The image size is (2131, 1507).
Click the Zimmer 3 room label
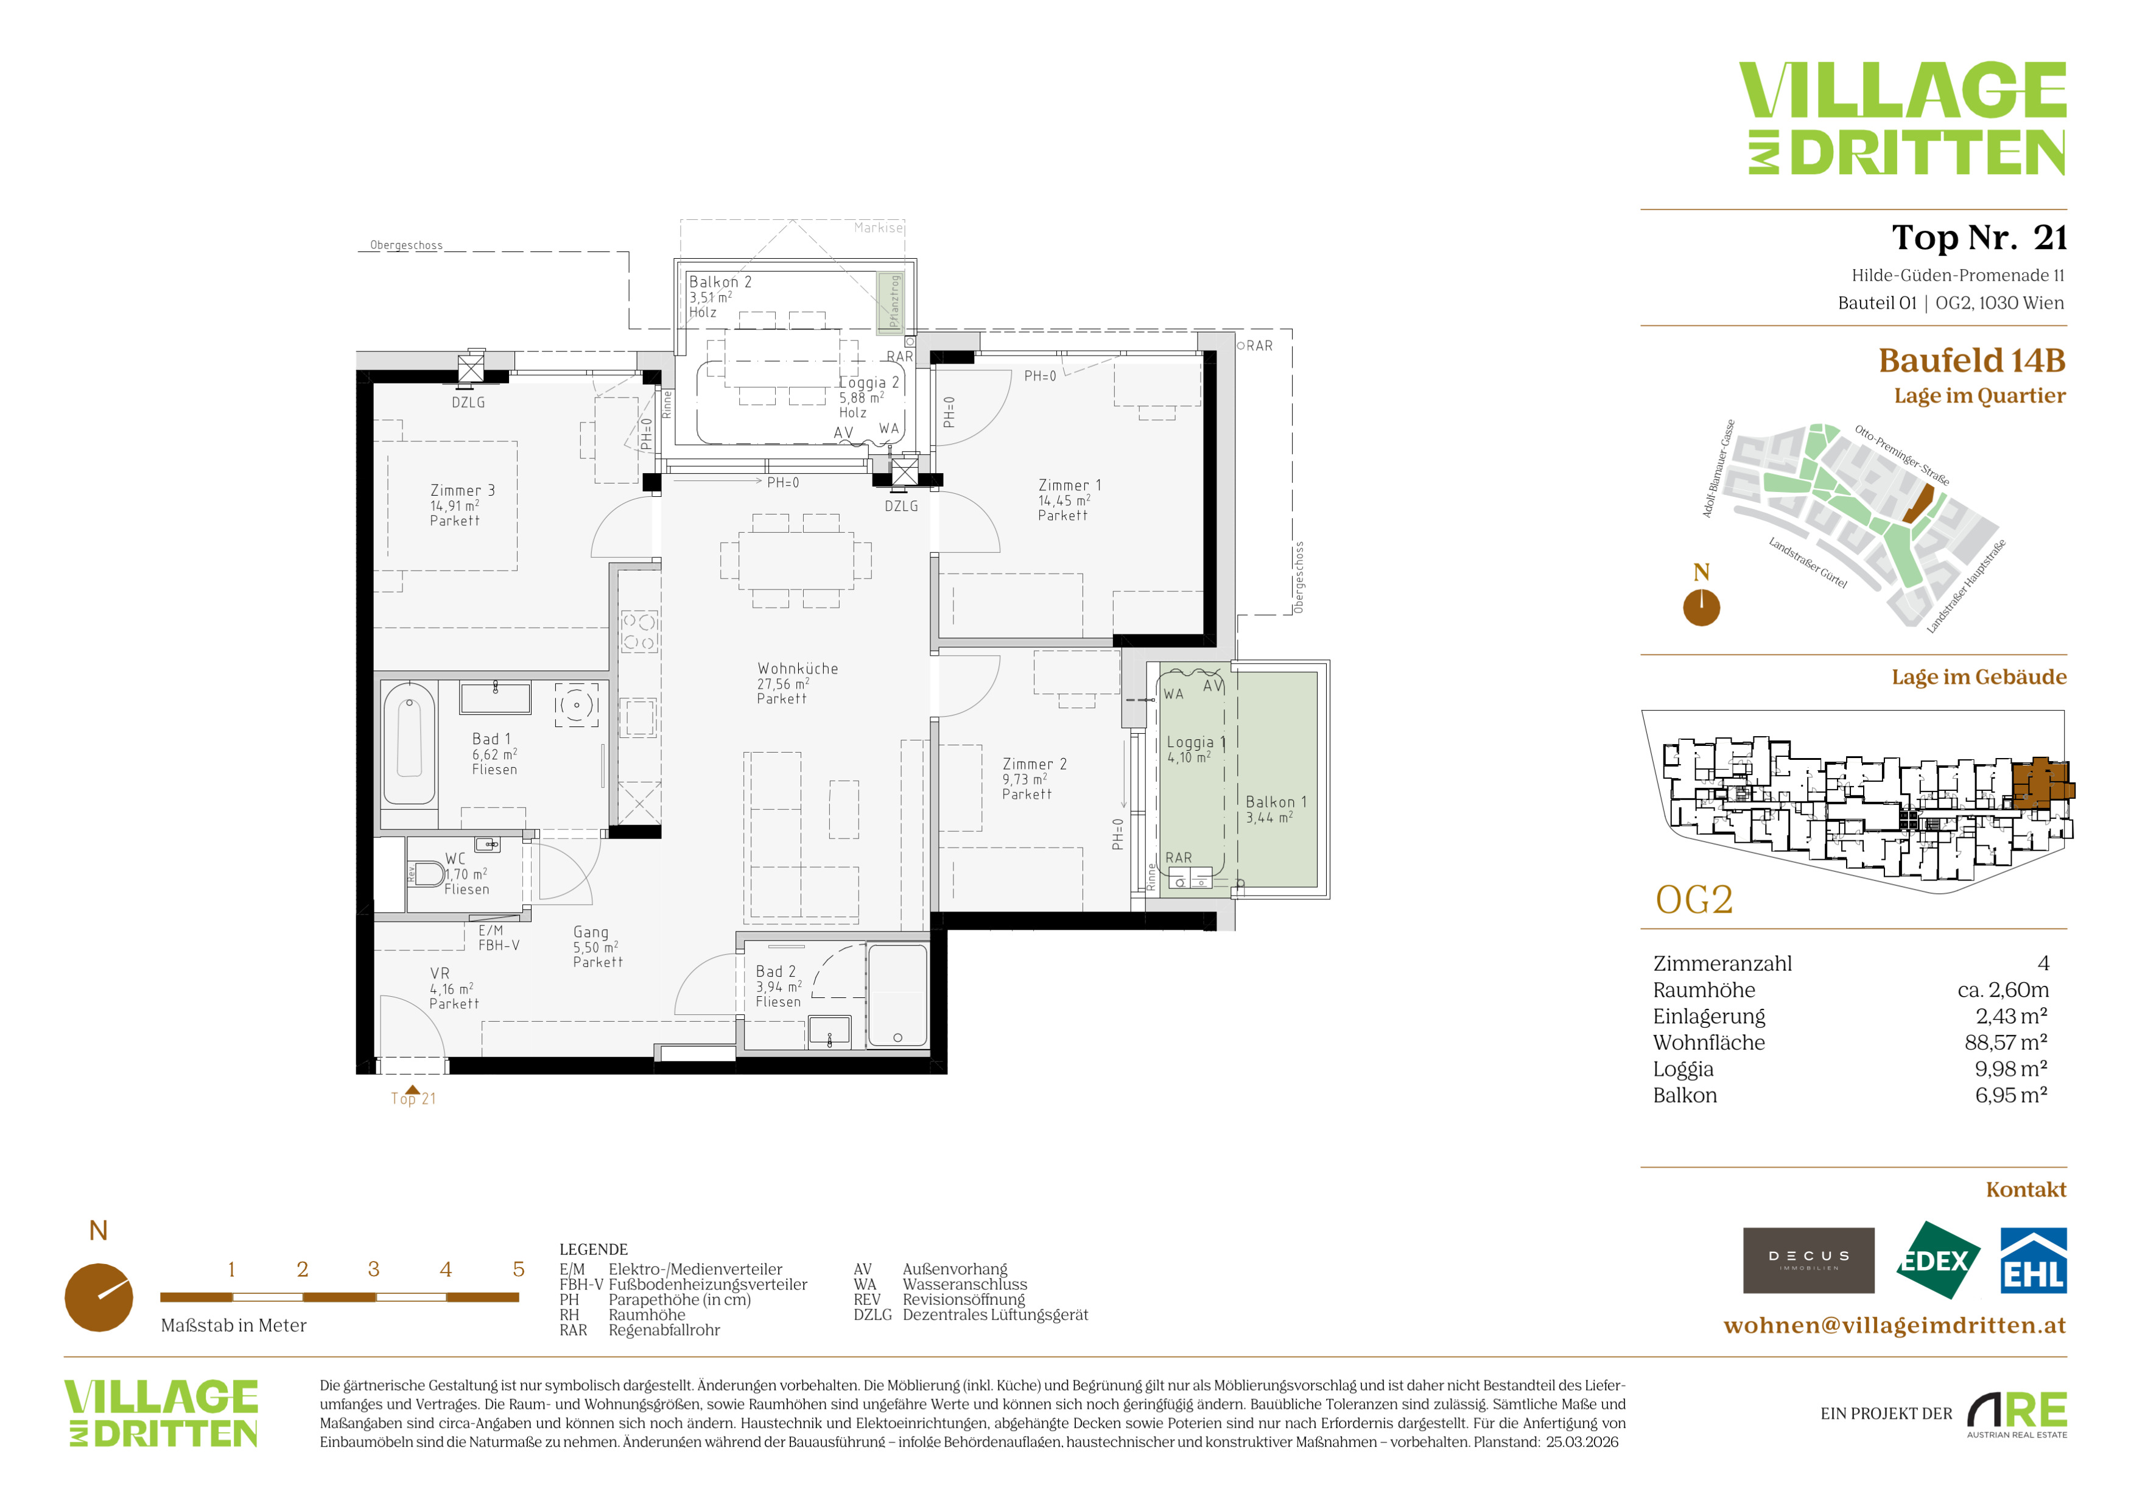[462, 490]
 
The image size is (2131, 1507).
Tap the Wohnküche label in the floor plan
[797, 668]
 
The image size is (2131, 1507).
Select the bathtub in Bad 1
[409, 743]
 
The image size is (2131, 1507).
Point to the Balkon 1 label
[1276, 802]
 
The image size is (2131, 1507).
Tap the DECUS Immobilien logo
[1808, 1260]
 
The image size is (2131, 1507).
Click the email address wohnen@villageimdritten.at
[1894, 1325]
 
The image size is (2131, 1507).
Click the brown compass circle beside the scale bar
[99, 1298]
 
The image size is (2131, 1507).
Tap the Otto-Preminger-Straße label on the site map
[1901, 455]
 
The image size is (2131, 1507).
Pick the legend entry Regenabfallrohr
[664, 1330]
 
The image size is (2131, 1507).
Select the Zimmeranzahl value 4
[2043, 963]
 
